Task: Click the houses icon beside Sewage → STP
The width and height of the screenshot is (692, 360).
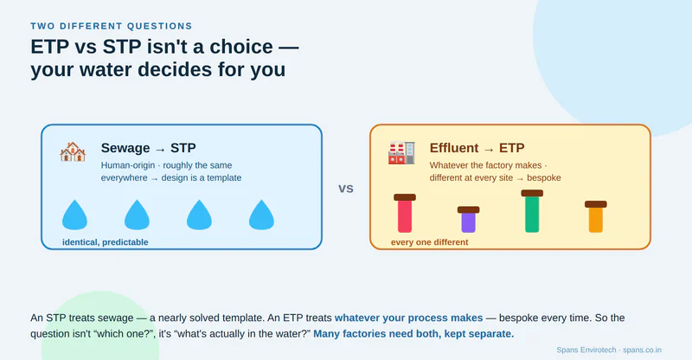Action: click(73, 151)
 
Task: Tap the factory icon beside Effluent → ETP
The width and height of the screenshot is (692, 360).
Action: click(401, 153)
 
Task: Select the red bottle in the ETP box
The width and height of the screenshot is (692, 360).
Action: click(405, 214)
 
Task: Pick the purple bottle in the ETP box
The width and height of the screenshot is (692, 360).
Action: click(468, 220)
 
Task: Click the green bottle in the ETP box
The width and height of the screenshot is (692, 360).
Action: click(532, 211)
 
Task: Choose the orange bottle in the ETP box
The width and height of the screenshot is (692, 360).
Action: click(596, 217)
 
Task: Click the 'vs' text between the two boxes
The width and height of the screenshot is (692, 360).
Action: click(346, 189)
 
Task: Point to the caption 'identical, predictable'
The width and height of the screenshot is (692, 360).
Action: click(105, 242)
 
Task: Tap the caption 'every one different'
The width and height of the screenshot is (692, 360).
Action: click(429, 242)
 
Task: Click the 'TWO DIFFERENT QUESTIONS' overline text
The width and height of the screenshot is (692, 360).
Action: click(112, 26)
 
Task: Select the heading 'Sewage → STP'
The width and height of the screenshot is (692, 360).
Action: click(148, 147)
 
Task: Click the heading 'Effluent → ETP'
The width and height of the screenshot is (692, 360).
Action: click(477, 147)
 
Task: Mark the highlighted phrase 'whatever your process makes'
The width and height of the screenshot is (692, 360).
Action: click(408, 318)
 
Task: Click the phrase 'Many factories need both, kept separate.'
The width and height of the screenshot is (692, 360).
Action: click(413, 334)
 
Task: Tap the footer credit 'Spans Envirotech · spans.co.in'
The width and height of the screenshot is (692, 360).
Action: click(609, 350)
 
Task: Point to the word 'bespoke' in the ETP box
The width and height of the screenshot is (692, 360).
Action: click(544, 177)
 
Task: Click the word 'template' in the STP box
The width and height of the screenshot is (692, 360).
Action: click(224, 177)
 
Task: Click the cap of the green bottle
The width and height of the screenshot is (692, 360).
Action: click(532, 193)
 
